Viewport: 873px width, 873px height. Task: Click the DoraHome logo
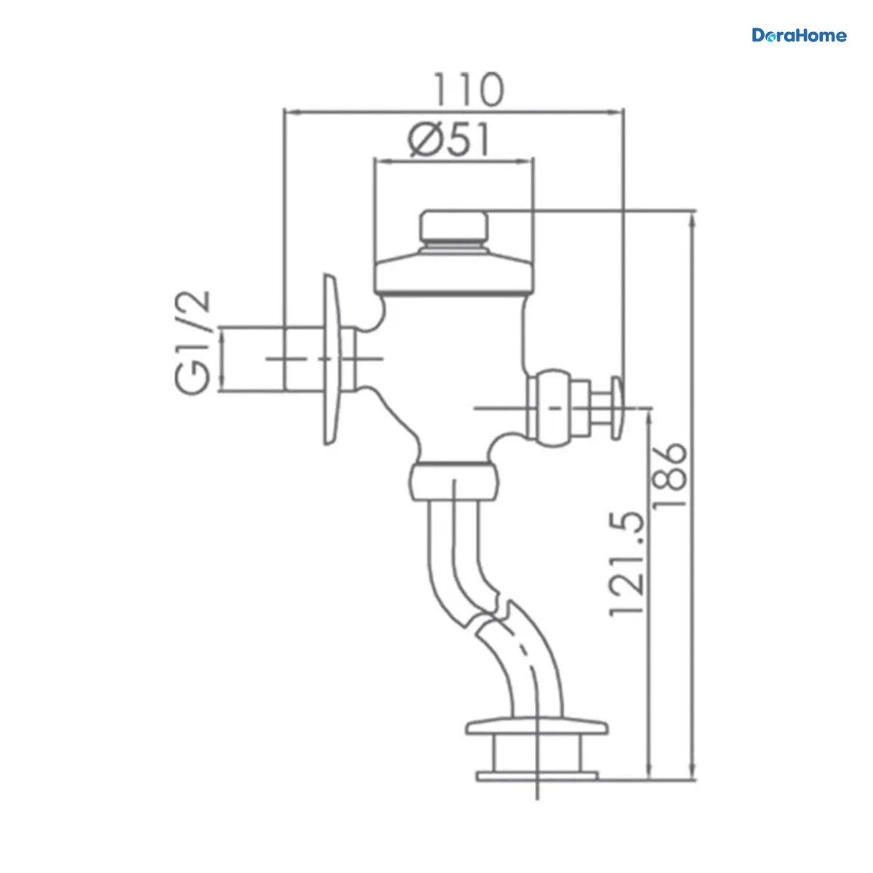pyautogui.click(x=799, y=36)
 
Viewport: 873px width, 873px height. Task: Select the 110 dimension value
pyautogui.click(x=469, y=89)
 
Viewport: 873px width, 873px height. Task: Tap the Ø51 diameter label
pyautogui.click(x=449, y=140)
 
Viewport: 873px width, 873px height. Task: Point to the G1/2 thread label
pyautogui.click(x=193, y=342)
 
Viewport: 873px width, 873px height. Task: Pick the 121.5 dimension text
pyautogui.click(x=626, y=564)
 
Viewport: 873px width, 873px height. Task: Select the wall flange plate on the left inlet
pyautogui.click(x=331, y=359)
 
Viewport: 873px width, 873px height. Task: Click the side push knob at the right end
pyautogui.click(x=617, y=407)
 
